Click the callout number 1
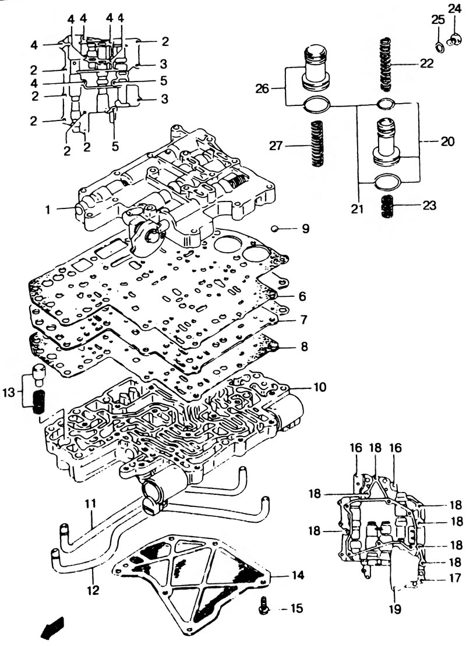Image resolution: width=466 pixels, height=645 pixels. tap(48, 210)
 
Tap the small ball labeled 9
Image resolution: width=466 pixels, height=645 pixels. tap(276, 229)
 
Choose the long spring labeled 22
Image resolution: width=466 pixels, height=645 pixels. tap(386, 64)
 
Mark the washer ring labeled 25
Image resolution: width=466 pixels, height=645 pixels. tap(439, 47)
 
